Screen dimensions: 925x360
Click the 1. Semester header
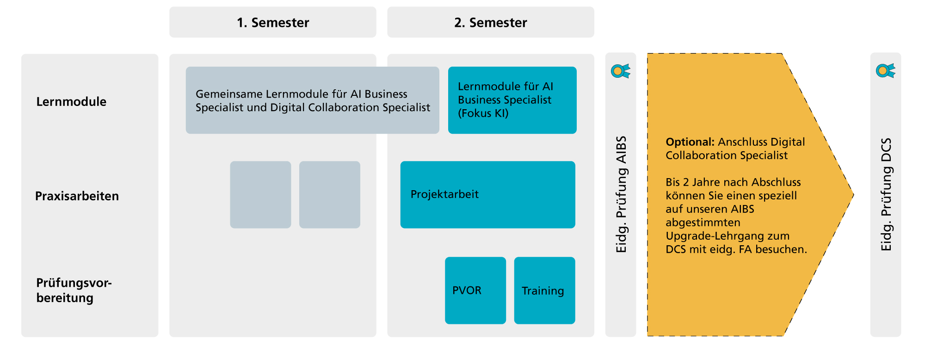pos(273,22)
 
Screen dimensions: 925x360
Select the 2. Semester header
pos(491,22)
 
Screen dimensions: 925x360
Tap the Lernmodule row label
pos(71,102)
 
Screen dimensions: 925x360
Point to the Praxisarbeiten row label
pos(77,196)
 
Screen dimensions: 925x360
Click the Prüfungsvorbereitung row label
pos(74,290)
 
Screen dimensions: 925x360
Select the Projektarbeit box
pos(488,194)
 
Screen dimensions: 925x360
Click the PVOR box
pos(475,290)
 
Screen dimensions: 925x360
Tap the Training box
pos(545,290)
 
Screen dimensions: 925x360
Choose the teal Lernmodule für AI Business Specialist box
pos(512,100)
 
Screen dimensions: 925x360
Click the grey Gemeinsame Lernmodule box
pos(313,100)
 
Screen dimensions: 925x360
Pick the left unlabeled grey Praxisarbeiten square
pos(260,194)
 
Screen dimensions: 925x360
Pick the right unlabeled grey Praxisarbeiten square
pos(330,194)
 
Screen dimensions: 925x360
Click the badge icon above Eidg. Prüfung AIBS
pos(620,71)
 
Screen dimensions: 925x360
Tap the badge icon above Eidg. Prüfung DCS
pos(885,70)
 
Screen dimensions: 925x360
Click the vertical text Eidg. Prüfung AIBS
pos(621,194)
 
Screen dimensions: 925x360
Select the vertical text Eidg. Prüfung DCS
pos(886,194)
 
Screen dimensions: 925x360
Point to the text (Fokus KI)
pos(483,113)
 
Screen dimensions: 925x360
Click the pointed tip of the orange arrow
pos(853,195)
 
